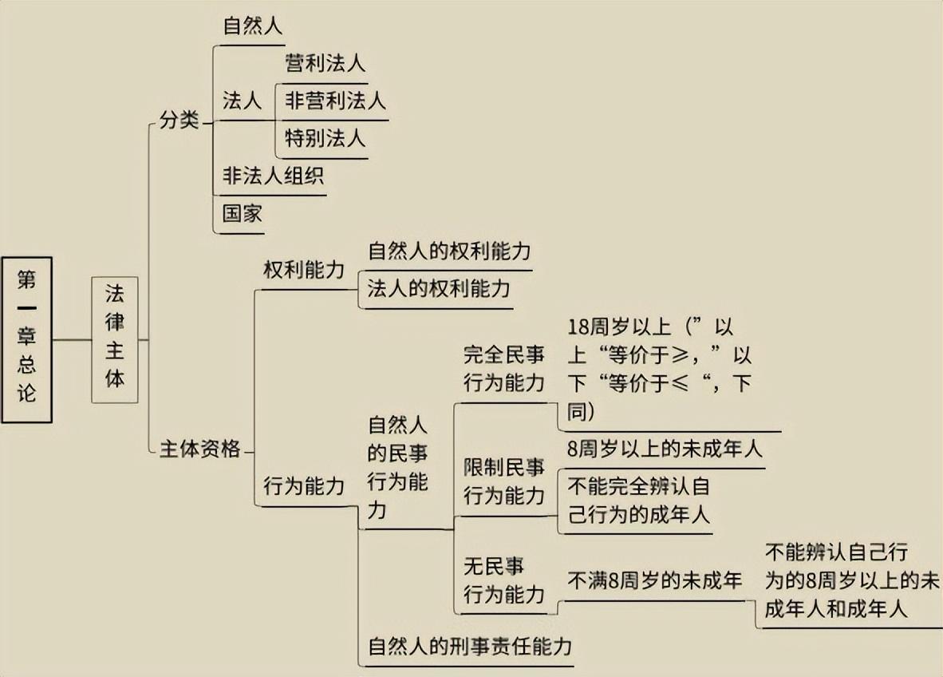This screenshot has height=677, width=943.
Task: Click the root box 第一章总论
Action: coord(27,338)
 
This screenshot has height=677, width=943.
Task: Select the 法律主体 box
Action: coord(115,338)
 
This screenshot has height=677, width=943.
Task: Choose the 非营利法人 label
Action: coord(335,101)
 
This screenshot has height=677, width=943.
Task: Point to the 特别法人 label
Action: coord(325,138)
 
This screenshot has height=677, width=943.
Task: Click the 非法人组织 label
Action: coord(273,176)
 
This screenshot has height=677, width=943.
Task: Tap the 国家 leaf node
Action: coord(243,213)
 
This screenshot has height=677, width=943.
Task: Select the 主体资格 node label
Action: coord(200,450)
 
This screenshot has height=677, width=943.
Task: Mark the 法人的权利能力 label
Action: coord(438,289)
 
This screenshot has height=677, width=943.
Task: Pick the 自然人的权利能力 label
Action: coord(449,251)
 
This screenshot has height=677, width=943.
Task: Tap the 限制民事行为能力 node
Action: coord(504,482)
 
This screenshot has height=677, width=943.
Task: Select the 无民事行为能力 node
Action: coord(504,580)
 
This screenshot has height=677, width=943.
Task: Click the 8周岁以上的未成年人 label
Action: coord(665,449)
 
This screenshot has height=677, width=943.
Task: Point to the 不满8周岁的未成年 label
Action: coord(654,581)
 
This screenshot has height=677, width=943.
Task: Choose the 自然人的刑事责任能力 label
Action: coord(470,646)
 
